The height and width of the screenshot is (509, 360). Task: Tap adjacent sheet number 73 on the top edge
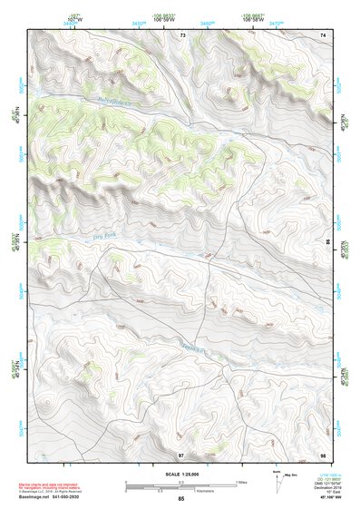point(182,34)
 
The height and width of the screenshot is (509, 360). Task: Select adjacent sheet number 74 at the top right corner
point(323,34)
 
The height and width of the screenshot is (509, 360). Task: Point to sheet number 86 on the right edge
point(327,244)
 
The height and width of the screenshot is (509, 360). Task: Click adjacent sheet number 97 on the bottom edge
point(181,454)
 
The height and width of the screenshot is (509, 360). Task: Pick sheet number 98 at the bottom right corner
point(323,454)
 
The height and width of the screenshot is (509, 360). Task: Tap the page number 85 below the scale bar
point(181,499)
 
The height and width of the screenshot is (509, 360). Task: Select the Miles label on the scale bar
point(241,482)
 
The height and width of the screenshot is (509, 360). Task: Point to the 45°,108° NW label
point(317,498)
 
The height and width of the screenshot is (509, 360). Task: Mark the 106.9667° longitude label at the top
point(253,15)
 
